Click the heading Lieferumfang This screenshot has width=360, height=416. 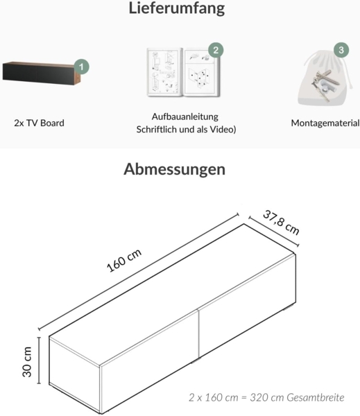[x=176, y=10]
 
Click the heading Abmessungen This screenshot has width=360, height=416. [x=174, y=169]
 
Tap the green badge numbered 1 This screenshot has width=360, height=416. [x=82, y=67]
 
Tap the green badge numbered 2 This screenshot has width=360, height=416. [x=216, y=51]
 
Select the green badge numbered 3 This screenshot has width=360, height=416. [x=341, y=51]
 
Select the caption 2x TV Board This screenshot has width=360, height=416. [x=39, y=123]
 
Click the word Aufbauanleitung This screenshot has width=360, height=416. [x=185, y=116]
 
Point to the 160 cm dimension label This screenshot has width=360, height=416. [x=124, y=261]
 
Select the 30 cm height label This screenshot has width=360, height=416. [x=28, y=361]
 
